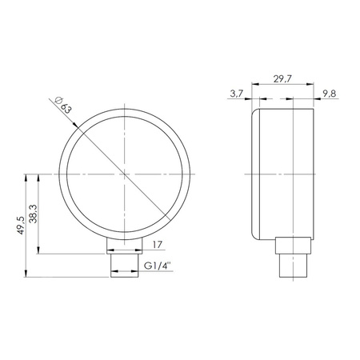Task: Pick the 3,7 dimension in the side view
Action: point(235,94)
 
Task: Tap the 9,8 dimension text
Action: point(329,94)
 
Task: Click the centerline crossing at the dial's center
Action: point(126,173)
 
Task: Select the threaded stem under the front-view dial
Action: point(126,265)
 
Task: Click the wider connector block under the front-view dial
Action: point(126,246)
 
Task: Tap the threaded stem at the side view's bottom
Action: point(294,265)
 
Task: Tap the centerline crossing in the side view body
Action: point(294,173)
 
